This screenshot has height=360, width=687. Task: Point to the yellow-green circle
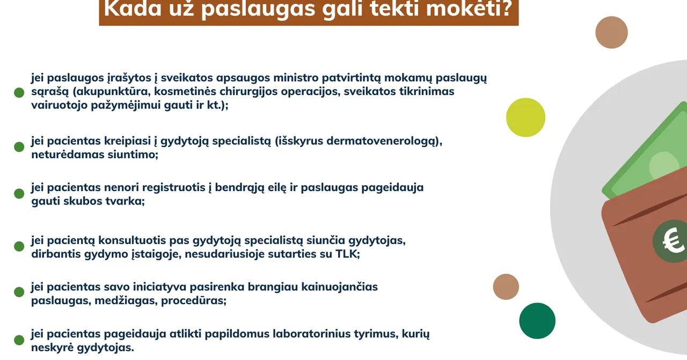[525, 117]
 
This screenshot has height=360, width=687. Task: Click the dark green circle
[537, 321]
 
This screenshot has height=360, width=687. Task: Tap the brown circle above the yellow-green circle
[611, 32]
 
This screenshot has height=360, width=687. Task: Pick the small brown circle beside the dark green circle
[506, 286]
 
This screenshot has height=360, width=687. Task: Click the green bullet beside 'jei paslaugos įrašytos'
[19, 92]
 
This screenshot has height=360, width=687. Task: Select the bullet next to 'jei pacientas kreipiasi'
[19, 146]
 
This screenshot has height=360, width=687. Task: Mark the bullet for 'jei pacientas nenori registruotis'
[19, 193]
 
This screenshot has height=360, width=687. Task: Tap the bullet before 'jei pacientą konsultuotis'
[19, 246]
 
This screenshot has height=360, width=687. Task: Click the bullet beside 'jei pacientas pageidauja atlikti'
[19, 340]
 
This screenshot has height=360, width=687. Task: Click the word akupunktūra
[111, 91]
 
